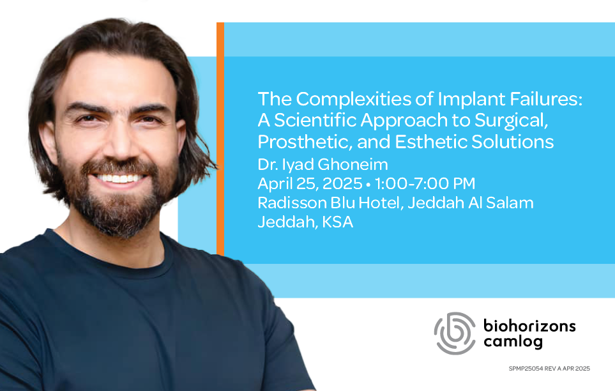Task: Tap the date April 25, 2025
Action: (x=310, y=184)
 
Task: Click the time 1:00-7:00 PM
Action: (x=425, y=184)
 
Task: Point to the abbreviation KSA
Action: (x=337, y=222)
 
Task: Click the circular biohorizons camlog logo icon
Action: (x=455, y=333)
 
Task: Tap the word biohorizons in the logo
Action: (x=529, y=326)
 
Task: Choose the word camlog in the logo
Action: (x=513, y=342)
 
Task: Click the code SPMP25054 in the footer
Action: (x=526, y=369)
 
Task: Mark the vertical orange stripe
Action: (x=220, y=139)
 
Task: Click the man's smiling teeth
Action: (x=119, y=178)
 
